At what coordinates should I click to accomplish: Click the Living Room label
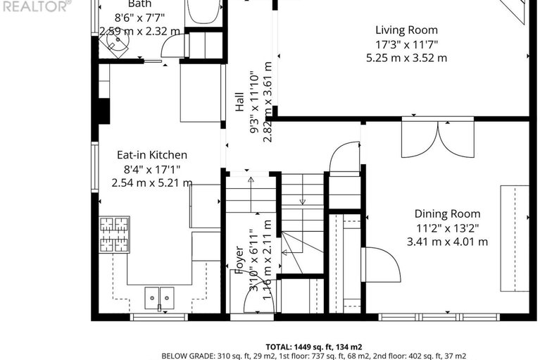[x=406, y=30]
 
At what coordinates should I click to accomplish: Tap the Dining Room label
[x=447, y=213]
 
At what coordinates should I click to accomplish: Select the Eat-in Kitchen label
[x=151, y=155]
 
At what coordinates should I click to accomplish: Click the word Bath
[x=139, y=4]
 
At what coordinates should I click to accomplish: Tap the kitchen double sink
[x=159, y=298]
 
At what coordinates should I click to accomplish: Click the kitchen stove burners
[x=114, y=235]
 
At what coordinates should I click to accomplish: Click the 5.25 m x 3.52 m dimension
[x=406, y=58]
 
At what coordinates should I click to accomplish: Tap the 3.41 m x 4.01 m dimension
[x=447, y=242]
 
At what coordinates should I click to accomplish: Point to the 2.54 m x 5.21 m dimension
[x=151, y=182]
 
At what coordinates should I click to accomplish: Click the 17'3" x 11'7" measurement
[x=406, y=44]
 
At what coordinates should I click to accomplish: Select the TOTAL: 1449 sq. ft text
[x=313, y=347]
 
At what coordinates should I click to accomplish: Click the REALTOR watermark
[x=35, y=6]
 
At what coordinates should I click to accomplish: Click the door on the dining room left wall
[x=380, y=264]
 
